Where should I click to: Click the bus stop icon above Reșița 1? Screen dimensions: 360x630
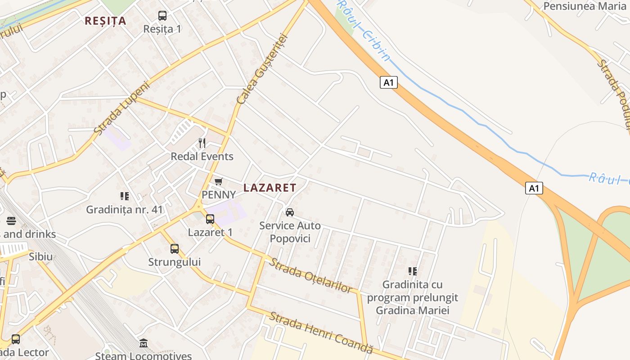point(162,16)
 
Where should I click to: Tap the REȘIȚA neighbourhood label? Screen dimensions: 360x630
point(105,21)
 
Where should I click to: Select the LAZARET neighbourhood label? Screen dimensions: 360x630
point(270,188)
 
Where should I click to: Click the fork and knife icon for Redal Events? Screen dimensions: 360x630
point(202,143)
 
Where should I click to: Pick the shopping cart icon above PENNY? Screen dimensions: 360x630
point(218,182)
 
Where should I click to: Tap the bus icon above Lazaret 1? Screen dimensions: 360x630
point(210,219)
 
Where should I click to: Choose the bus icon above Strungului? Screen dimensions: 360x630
point(175,248)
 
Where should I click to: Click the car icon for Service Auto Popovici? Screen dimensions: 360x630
point(290,212)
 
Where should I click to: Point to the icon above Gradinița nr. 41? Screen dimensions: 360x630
point(124,196)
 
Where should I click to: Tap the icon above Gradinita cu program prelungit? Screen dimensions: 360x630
point(412,271)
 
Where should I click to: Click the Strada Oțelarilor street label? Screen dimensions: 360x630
point(310,275)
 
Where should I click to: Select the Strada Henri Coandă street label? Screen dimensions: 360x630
point(321,332)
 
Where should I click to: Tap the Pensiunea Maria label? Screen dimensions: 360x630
point(585,6)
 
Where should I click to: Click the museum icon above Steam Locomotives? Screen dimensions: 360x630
point(144,343)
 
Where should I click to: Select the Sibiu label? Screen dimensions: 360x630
point(41,257)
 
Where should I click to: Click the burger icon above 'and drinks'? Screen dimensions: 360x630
point(11,221)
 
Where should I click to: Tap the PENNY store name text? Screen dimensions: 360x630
point(219,195)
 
